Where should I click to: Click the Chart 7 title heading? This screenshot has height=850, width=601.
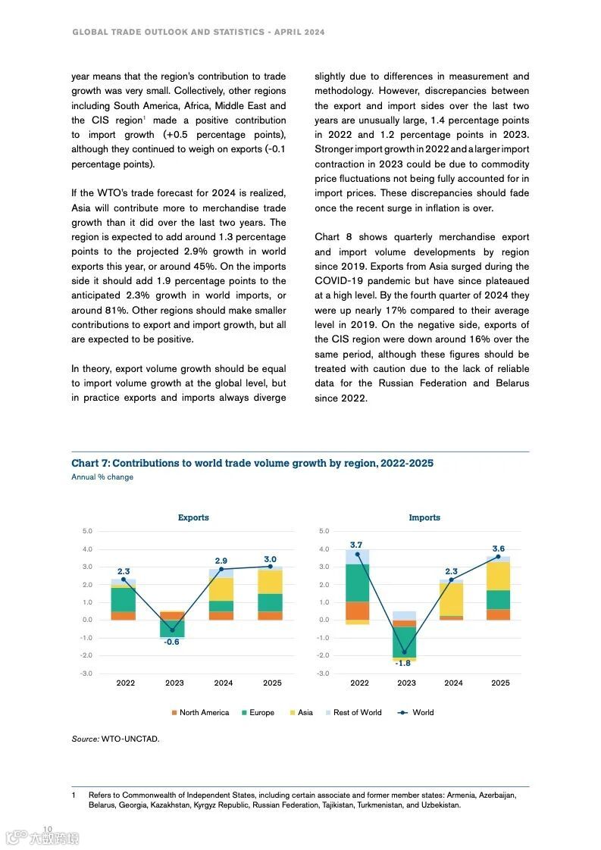pyautogui.click(x=252, y=463)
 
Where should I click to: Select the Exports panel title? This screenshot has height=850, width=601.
pyautogui.click(x=193, y=517)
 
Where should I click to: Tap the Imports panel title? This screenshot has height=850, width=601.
pyautogui.click(x=424, y=517)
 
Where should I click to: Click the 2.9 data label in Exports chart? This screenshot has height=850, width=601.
pyautogui.click(x=221, y=561)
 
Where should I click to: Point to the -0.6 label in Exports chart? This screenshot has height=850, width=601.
pyautogui.click(x=172, y=642)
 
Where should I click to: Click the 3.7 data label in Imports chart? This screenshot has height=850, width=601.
pyautogui.click(x=357, y=545)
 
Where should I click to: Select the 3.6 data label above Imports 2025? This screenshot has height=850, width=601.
pyautogui.click(x=499, y=548)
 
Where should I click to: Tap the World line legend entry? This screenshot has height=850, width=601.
pyautogui.click(x=416, y=712)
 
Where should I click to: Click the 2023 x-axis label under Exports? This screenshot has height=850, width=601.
pyautogui.click(x=174, y=683)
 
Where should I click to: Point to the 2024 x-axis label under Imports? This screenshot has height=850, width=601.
pyautogui.click(x=453, y=683)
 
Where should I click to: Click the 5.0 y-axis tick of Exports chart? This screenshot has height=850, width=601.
pyautogui.click(x=86, y=531)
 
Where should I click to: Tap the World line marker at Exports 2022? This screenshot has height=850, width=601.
pyautogui.click(x=124, y=580)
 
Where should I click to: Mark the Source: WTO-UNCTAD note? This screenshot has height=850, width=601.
pyautogui.click(x=115, y=739)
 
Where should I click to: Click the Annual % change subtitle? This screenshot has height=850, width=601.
pyautogui.click(x=102, y=477)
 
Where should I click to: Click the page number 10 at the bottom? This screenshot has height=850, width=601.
pyautogui.click(x=48, y=828)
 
